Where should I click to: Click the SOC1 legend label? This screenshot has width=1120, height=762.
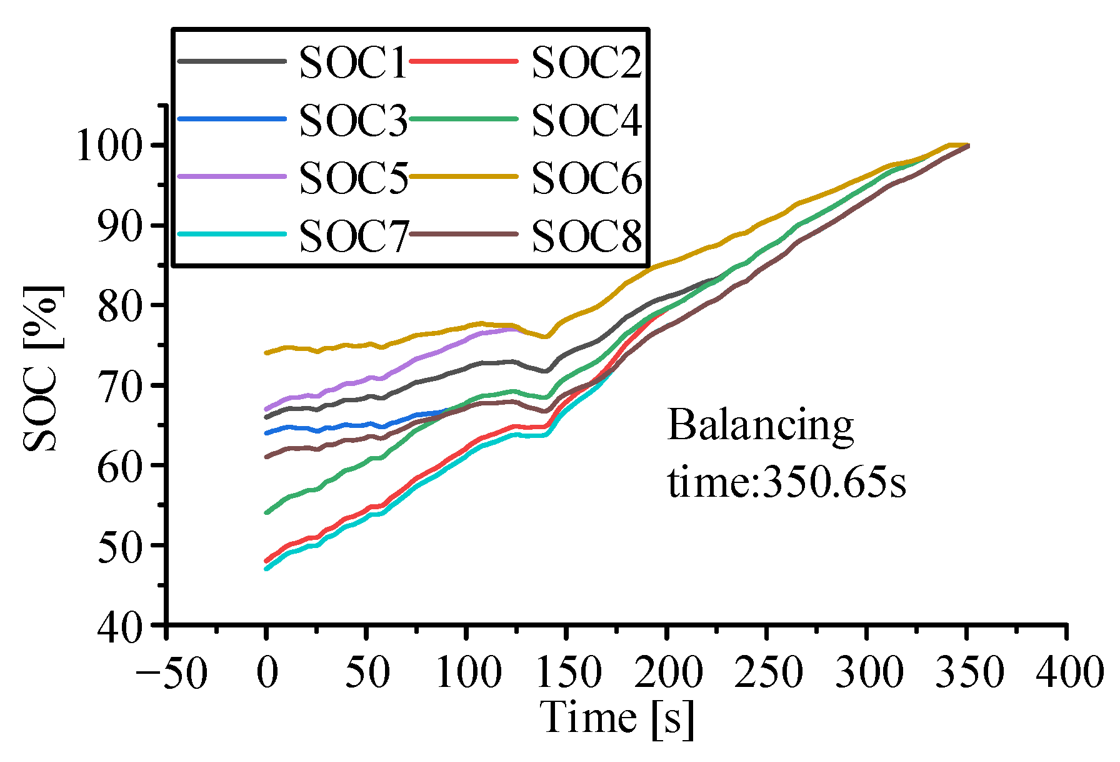[353, 63]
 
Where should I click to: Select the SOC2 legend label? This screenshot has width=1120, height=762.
[586, 63]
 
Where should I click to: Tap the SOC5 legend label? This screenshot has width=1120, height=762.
[353, 178]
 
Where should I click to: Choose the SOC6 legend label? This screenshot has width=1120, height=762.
[586, 178]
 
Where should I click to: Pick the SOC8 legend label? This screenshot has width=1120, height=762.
[586, 236]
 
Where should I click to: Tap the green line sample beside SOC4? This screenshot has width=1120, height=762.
[464, 119]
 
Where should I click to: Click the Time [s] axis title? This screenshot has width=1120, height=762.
[617, 718]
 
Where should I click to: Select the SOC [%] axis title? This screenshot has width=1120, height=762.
[42, 369]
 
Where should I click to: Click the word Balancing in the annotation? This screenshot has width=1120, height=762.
[760, 425]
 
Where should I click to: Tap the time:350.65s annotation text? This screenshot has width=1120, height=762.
[786, 483]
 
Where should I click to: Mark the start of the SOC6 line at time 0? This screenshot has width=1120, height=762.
[267, 353]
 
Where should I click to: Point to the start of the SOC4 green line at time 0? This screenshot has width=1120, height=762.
[267, 512]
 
